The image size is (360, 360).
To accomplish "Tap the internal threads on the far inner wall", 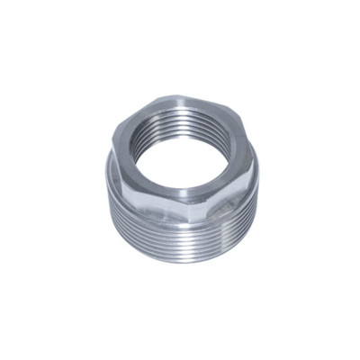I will click(180, 126).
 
